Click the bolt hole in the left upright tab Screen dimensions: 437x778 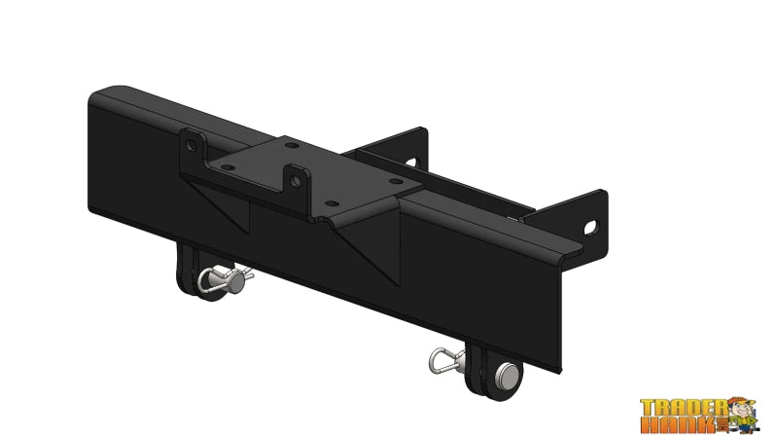point(192,145)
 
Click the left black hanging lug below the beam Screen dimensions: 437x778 point(191,271)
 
